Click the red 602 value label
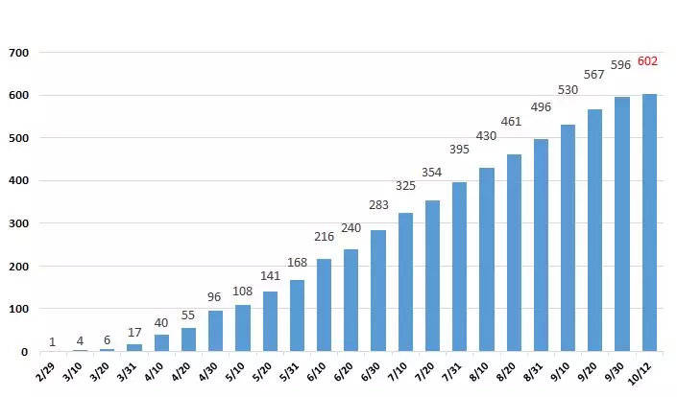tap(647, 61)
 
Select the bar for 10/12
tap(649, 222)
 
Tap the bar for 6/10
tap(324, 305)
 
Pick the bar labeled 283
tap(378, 291)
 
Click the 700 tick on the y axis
tap(18, 53)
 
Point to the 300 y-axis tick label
tap(18, 223)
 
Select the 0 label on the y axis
tap(24, 352)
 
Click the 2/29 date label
tap(46, 371)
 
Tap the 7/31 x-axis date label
tap(451, 371)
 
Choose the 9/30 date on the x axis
tap(614, 371)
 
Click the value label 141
tap(270, 276)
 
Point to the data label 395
tap(459, 150)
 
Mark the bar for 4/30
tap(215, 331)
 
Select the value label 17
tap(134, 333)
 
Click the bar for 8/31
tap(541, 245)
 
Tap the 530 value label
tap(568, 89)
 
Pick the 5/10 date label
tap(235, 371)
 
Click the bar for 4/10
tap(161, 343)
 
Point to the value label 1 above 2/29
tap(52, 342)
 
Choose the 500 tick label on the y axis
tap(18, 138)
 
